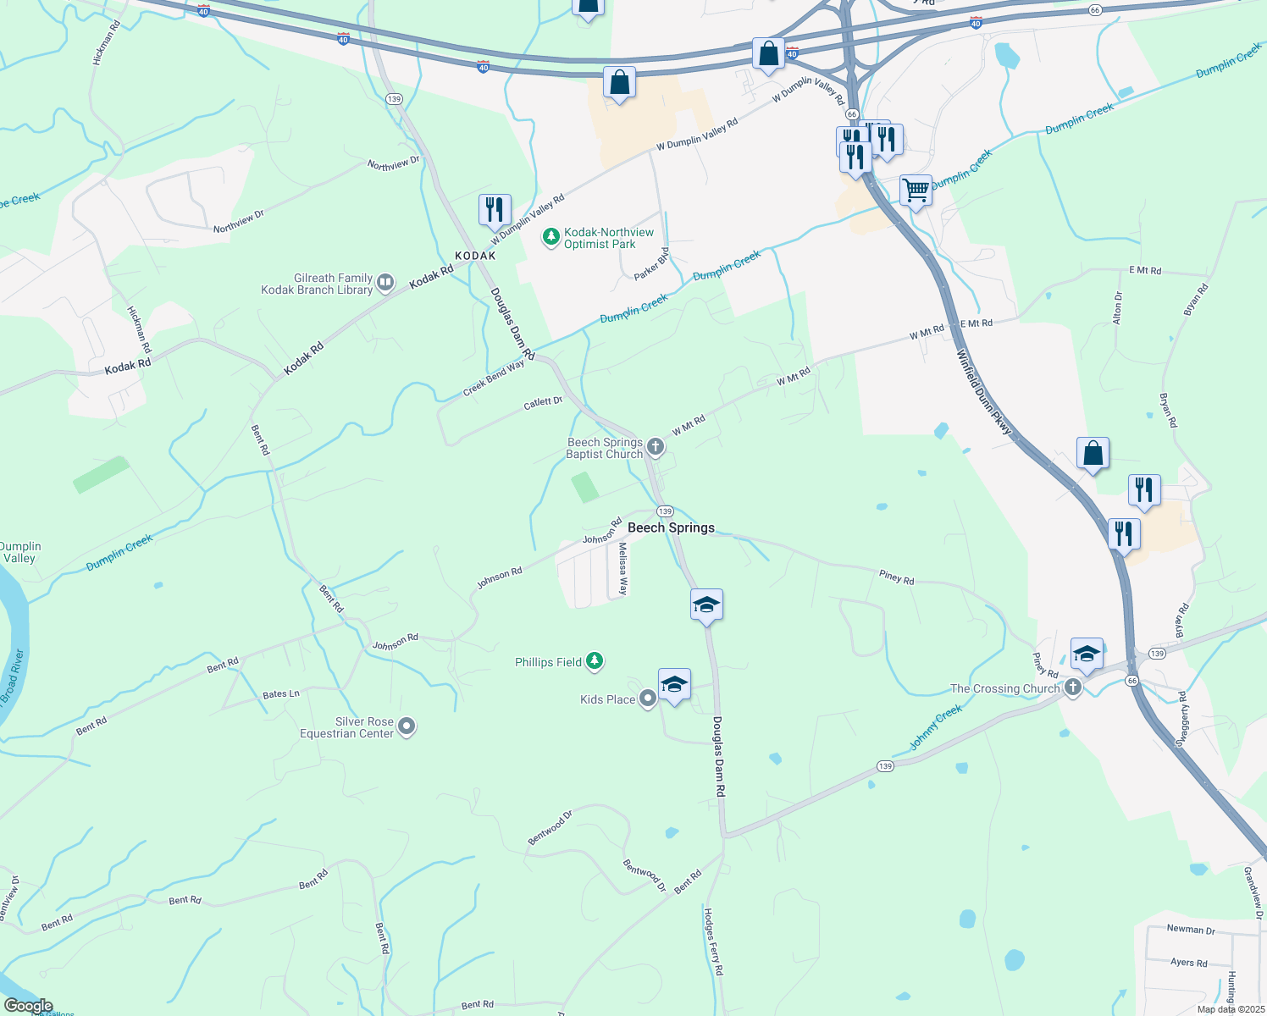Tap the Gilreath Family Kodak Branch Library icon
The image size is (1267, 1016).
pyautogui.click(x=385, y=282)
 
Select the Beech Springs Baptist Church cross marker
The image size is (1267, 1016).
pyautogui.click(x=655, y=446)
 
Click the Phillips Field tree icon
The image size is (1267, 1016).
pyautogui.click(x=595, y=660)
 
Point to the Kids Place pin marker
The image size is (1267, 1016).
pyautogui.click(x=648, y=698)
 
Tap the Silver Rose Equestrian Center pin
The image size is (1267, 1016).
pyautogui.click(x=407, y=726)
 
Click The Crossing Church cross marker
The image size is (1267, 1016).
pyautogui.click(x=1073, y=687)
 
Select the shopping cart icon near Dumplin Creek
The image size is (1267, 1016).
pyautogui.click(x=916, y=190)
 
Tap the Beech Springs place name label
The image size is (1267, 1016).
pyautogui.click(x=671, y=527)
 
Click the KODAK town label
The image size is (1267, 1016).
pyautogui.click(x=475, y=256)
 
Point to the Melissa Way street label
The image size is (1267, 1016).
pyautogui.click(x=622, y=569)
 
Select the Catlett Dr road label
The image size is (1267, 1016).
pyautogui.click(x=543, y=403)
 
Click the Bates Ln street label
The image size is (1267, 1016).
pyautogui.click(x=281, y=694)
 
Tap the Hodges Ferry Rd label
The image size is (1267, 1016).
pyautogui.click(x=714, y=941)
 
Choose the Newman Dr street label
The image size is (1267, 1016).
pyautogui.click(x=1191, y=929)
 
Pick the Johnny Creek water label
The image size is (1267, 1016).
pyautogui.click(x=936, y=727)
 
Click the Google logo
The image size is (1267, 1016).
pyautogui.click(x=28, y=1006)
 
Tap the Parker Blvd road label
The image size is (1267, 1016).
pyautogui.click(x=651, y=264)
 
